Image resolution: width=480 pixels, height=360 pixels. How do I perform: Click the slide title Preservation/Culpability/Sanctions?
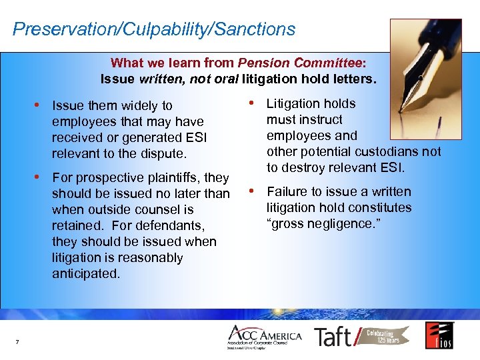pos(154,29)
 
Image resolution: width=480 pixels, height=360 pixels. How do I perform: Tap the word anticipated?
pos(86,273)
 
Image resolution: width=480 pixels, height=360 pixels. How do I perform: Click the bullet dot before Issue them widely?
pos(41,105)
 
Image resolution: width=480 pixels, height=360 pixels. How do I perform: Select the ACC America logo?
pos(265,337)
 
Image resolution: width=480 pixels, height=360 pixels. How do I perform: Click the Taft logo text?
pos(333,337)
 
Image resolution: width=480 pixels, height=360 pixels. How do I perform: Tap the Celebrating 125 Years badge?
pos(385,335)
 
